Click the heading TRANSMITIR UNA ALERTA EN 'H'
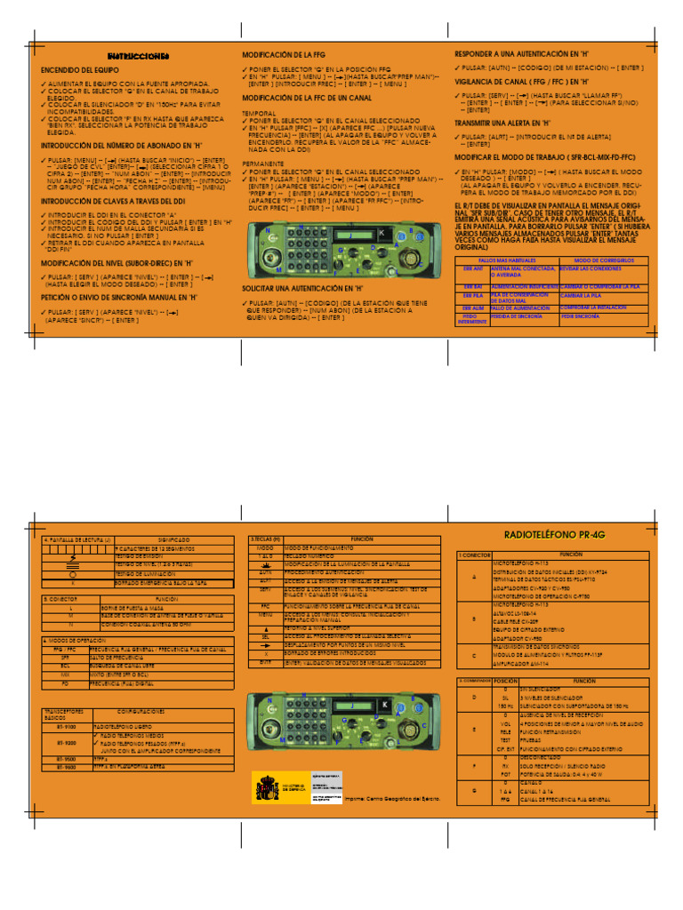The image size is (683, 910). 502,123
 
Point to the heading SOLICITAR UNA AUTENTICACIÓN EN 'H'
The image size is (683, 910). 302,289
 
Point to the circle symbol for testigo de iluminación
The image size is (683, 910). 72,574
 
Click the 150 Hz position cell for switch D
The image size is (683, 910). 505,706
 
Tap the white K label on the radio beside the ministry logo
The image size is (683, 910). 383,705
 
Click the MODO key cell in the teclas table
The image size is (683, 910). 265,549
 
